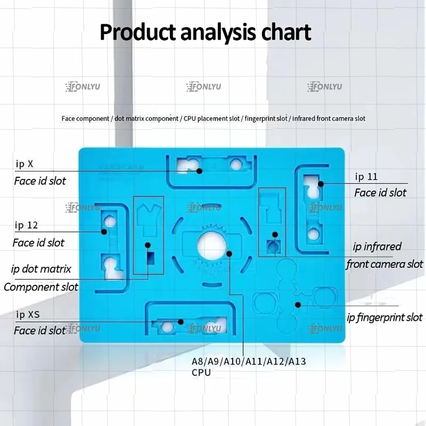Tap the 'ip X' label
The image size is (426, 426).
(x=24, y=164)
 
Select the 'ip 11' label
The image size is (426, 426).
(x=366, y=176)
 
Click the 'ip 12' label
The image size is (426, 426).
(x=26, y=225)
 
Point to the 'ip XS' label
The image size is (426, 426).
(x=28, y=315)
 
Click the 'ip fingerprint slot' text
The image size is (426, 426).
(x=385, y=317)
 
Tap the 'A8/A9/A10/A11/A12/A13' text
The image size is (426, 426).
(x=249, y=362)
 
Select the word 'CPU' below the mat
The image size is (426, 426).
(x=201, y=372)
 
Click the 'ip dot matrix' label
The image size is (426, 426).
(x=41, y=269)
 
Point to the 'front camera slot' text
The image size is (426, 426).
(x=385, y=264)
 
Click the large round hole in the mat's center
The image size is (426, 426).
(x=211, y=246)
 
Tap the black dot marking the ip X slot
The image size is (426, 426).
(x=199, y=171)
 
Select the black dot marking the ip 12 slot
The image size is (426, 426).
(x=104, y=232)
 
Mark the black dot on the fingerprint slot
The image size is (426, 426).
(x=298, y=305)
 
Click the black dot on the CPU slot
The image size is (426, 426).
(x=229, y=253)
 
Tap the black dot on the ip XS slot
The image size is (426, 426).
(x=181, y=322)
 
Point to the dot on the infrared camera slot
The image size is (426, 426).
(x=275, y=235)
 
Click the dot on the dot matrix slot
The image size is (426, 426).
(x=148, y=245)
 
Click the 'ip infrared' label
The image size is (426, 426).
(x=377, y=247)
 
